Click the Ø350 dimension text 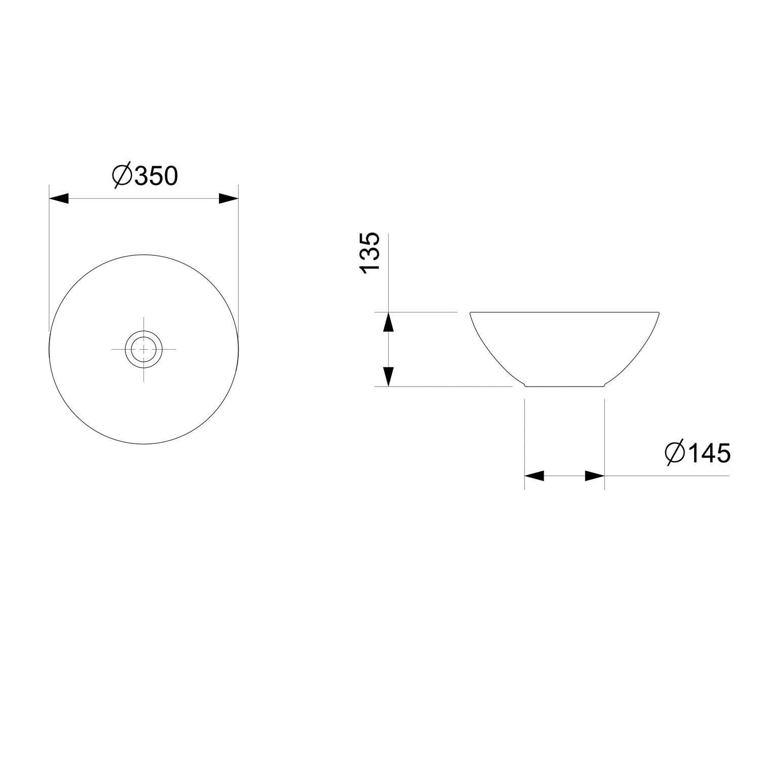click(x=145, y=176)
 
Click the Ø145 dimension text click(x=698, y=452)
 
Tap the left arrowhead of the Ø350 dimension click(x=59, y=198)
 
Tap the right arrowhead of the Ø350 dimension click(x=229, y=198)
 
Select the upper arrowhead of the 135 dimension click(x=388, y=322)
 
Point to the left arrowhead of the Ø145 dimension click(x=534, y=476)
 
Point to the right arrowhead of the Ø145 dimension click(x=595, y=476)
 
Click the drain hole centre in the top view click(x=144, y=349)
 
